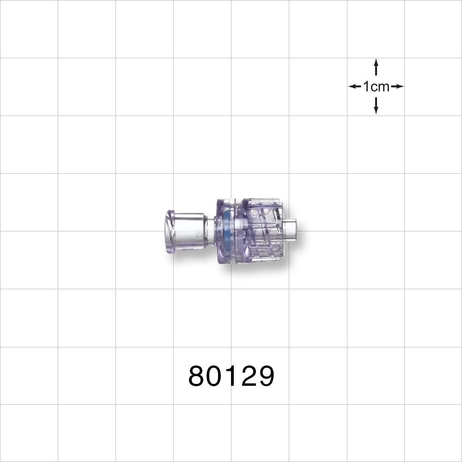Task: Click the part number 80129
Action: (x=231, y=377)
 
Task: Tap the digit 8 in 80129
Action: (x=197, y=377)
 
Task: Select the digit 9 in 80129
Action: (x=266, y=377)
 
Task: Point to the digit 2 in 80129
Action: (x=248, y=377)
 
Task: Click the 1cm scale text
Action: (x=376, y=86)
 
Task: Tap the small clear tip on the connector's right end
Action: (x=290, y=230)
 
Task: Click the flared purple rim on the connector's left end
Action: (x=170, y=230)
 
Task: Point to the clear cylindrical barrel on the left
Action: (x=189, y=230)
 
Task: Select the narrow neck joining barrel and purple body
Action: (x=210, y=230)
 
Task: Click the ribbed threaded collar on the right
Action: (x=263, y=230)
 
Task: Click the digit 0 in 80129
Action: (x=215, y=377)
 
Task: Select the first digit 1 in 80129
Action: (x=232, y=377)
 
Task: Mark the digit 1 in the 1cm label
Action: (x=366, y=86)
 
